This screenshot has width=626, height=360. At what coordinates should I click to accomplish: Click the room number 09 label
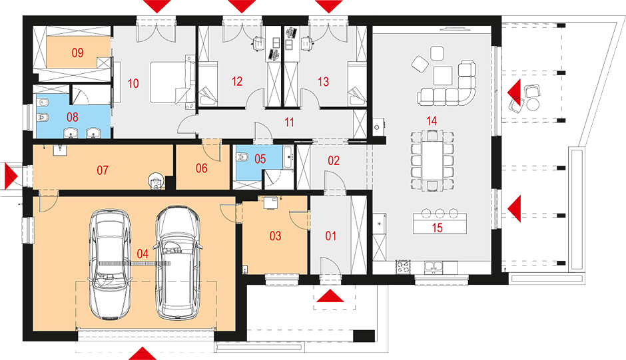(77, 53)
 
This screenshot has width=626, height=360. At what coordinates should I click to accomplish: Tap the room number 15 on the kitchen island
(437, 228)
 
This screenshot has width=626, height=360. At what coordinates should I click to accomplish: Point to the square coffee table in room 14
(443, 75)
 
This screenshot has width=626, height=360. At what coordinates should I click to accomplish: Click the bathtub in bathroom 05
(288, 157)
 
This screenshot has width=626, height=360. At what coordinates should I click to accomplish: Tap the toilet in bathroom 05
(242, 158)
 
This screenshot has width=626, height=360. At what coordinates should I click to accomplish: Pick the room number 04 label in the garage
(143, 254)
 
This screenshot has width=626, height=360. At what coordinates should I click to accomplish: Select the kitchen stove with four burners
(403, 267)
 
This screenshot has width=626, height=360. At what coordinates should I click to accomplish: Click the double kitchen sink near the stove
(433, 267)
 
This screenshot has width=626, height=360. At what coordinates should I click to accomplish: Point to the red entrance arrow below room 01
(330, 295)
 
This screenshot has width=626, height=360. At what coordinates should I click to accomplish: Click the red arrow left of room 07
(12, 176)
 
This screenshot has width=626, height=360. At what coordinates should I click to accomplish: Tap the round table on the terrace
(533, 104)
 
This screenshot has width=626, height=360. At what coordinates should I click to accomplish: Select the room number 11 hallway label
(290, 122)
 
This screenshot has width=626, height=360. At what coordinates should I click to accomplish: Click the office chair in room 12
(258, 43)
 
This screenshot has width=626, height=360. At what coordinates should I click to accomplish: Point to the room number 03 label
(275, 236)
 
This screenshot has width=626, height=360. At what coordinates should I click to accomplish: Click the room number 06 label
(202, 168)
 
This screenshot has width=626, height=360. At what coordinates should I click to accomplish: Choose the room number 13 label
(324, 82)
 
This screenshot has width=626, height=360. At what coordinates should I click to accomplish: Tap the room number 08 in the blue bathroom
(73, 117)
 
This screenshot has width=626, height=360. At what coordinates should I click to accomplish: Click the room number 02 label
(334, 160)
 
